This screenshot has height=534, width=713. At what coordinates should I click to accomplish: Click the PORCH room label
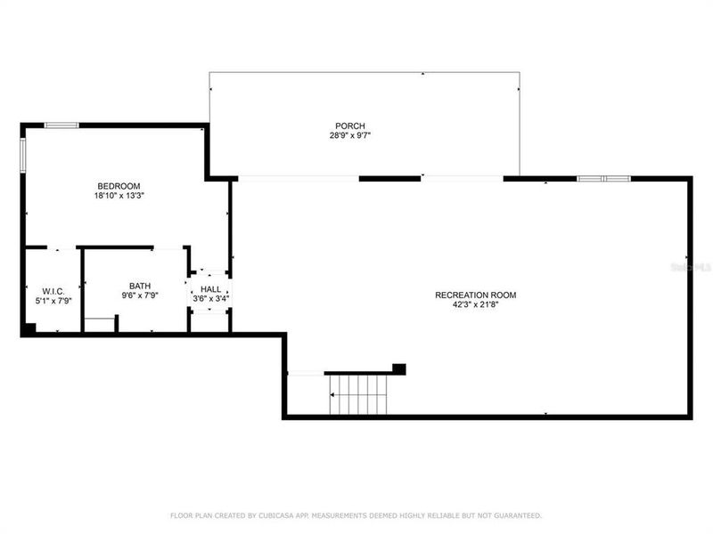pos(350,125)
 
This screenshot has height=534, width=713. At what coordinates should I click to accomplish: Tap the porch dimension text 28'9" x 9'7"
pos(350,136)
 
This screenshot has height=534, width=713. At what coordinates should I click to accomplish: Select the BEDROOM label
pos(119,185)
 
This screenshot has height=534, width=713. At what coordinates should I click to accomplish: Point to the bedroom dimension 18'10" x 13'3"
pos(119,195)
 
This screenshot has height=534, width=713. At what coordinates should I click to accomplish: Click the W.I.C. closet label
pos(52,291)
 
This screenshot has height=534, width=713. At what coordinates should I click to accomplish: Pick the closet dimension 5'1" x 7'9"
pos(52,302)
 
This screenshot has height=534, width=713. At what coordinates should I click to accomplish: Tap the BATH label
pos(140,286)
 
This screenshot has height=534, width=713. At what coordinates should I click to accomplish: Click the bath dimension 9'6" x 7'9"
pos(140,295)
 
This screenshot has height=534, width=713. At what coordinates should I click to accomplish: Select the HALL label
pos(210,289)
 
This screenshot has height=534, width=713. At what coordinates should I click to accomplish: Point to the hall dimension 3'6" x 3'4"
pos(210,299)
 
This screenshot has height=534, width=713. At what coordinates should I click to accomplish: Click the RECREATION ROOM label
pos(475,295)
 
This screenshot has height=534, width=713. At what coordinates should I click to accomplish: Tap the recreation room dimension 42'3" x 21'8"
pos(475,305)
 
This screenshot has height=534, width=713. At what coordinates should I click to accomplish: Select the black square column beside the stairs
pos(399,368)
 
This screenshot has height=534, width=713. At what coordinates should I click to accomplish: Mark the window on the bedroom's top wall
pos(61,125)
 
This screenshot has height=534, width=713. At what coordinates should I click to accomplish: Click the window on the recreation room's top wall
pos(603,179)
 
